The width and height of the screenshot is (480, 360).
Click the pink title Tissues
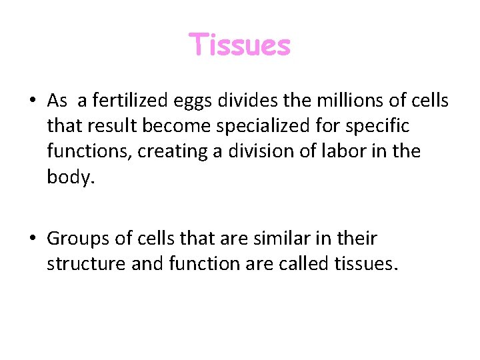240,45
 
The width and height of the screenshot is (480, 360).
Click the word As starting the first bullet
57,101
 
